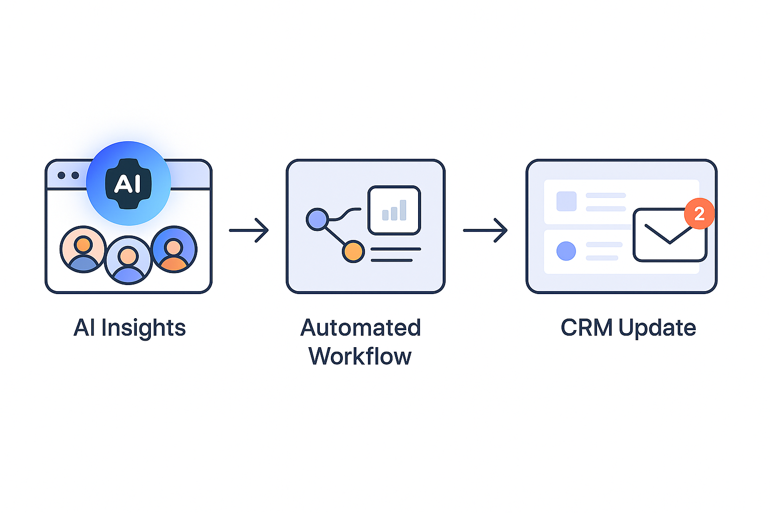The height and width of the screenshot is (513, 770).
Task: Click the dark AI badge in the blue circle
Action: pyautogui.click(x=128, y=183)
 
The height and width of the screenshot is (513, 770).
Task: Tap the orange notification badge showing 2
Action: pyautogui.click(x=699, y=214)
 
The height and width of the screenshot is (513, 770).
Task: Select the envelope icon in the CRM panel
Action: pyautogui.click(x=669, y=235)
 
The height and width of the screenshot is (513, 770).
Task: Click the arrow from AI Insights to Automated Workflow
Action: pyautogui.click(x=249, y=230)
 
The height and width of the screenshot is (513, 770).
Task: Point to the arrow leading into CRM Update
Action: pyautogui.click(x=485, y=230)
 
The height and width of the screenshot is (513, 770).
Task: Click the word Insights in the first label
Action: pyautogui.click(x=143, y=328)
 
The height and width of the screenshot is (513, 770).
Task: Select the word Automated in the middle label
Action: pyautogui.click(x=360, y=328)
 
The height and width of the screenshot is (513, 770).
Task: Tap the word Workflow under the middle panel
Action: pyautogui.click(x=360, y=357)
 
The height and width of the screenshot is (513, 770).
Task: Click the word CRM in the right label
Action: pyautogui.click(x=587, y=328)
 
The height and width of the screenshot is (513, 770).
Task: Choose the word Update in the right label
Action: pyautogui.click(x=657, y=328)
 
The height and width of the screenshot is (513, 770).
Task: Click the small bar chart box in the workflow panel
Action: pyautogui.click(x=394, y=210)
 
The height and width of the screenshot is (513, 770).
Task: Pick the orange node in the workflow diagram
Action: pyautogui.click(x=353, y=251)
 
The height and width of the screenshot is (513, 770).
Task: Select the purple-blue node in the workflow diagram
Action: pyautogui.click(x=317, y=219)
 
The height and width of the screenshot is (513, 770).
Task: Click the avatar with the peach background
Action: pyautogui.click(x=83, y=249)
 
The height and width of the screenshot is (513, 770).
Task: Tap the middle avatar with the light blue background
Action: pyautogui.click(x=128, y=260)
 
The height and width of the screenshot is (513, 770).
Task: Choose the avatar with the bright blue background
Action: pyautogui.click(x=174, y=249)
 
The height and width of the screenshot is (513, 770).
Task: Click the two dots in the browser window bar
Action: pyautogui.click(x=68, y=175)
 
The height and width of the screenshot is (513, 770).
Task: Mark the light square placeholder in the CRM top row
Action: pyautogui.click(x=566, y=201)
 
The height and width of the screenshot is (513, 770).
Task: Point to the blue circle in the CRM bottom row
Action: pyautogui.click(x=566, y=251)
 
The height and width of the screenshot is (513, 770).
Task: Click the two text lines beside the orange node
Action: pyautogui.click(x=395, y=254)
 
